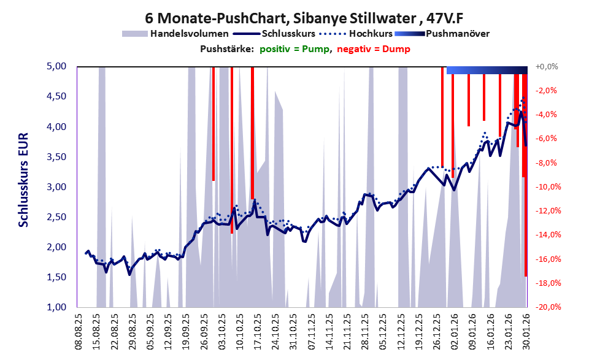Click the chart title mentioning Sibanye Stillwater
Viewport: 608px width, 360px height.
(x=304, y=17)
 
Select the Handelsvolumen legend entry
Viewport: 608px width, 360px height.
(x=190, y=34)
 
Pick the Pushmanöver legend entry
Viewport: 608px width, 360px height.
(x=456, y=34)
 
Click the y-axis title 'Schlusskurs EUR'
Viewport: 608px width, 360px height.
(x=23, y=186)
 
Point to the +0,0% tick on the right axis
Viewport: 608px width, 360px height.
(x=546, y=66)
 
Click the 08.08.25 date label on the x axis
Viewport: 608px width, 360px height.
(x=78, y=331)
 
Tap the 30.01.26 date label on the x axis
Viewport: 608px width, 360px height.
(x=525, y=331)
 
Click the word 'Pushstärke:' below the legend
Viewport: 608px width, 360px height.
(x=226, y=49)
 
